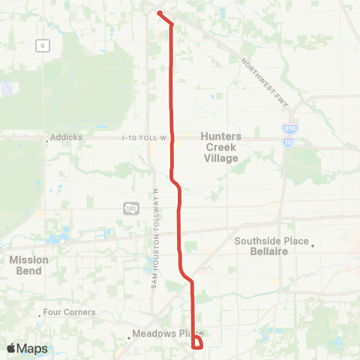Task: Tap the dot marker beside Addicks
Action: click(x=47, y=138)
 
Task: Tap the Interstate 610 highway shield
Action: click(x=289, y=129)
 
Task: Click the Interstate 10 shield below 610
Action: click(x=289, y=140)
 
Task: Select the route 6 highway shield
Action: click(x=44, y=46)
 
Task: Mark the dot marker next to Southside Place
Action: click(x=313, y=243)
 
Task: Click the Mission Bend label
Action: click(x=29, y=265)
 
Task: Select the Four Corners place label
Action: click(x=70, y=312)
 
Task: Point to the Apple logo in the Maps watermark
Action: click(x=11, y=348)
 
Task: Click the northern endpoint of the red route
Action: click(x=160, y=13)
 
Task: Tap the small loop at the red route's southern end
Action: click(x=197, y=344)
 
